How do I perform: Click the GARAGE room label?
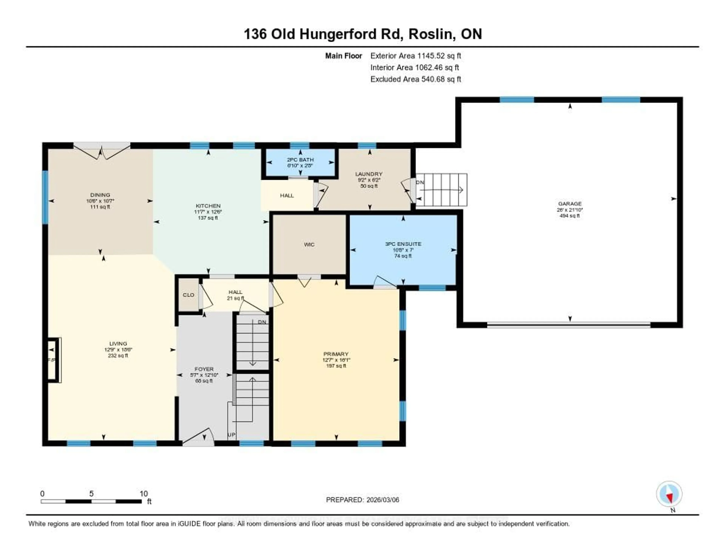click(570, 204)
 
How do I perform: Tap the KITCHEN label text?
click(208, 206)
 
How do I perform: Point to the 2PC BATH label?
click(300, 160)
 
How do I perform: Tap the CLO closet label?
click(188, 295)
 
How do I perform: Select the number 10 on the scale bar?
click(143, 494)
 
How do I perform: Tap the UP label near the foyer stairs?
click(231, 435)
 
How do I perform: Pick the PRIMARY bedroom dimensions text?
click(336, 360)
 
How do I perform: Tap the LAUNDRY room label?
click(369, 174)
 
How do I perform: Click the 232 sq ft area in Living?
click(118, 356)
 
